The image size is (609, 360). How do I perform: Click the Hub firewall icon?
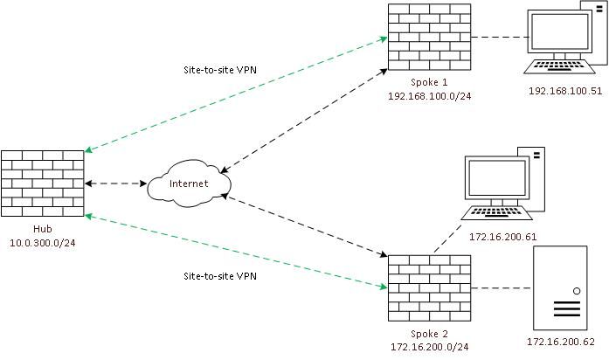43,184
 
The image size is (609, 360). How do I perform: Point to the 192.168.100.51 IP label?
565,90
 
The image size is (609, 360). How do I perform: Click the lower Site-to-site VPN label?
220,275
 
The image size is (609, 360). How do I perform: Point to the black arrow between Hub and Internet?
115,184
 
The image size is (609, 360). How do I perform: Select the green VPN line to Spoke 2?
236,250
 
